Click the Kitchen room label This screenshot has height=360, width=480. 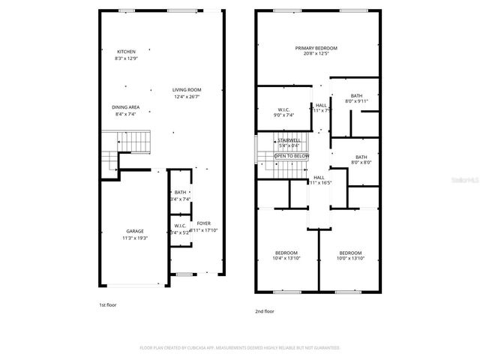(x=126, y=51)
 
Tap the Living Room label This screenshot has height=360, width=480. (x=187, y=89)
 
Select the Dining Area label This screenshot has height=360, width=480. (x=126, y=107)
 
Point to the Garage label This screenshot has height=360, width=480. (x=135, y=231)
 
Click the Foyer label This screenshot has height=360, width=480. (x=204, y=223)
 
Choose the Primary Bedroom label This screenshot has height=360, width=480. (x=316, y=48)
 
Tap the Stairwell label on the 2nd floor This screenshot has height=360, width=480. (x=289, y=140)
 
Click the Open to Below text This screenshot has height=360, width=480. (x=291, y=155)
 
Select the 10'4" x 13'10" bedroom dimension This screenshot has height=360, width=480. (x=286, y=258)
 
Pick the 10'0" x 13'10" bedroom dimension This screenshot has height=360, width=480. (x=350, y=258)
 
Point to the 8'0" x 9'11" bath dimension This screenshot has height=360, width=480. (x=356, y=101)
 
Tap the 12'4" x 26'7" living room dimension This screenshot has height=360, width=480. (x=187, y=96)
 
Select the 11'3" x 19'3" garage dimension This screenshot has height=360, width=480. (x=135, y=238)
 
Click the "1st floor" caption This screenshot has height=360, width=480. (x=108, y=305)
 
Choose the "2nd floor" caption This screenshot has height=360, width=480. (x=265, y=310)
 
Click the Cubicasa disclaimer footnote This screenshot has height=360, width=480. (x=240, y=348)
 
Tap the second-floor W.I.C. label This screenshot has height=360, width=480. (x=274, y=109)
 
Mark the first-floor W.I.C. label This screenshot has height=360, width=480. (x=181, y=226)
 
